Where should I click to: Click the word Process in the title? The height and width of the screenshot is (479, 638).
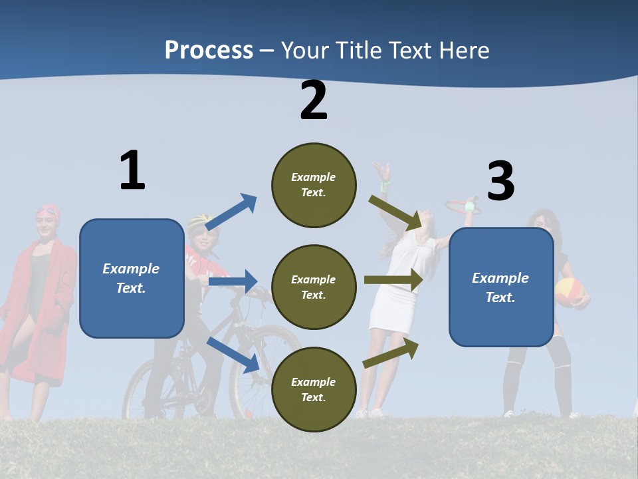click(x=209, y=50)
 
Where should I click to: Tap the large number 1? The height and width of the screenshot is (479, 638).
click(x=132, y=170)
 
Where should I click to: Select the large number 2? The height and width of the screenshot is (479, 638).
click(x=314, y=100)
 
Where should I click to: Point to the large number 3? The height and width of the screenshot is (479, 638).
click(x=500, y=181)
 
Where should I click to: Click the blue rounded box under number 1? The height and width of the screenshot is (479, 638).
click(x=132, y=278)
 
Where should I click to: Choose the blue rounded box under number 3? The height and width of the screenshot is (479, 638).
click(x=501, y=287)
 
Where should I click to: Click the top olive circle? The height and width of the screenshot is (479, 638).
click(x=314, y=185)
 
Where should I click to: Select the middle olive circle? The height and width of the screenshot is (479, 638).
click(x=314, y=287)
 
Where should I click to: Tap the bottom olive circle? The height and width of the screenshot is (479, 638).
click(x=314, y=389)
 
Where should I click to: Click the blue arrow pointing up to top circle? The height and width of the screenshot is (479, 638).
click(x=232, y=212)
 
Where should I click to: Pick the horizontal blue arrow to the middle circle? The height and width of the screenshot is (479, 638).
click(x=233, y=281)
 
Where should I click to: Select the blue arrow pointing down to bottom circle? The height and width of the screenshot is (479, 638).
click(x=233, y=354)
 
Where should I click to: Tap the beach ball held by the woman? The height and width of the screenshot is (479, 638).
click(x=570, y=292)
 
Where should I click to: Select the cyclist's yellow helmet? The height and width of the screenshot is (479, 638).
click(x=198, y=220)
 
